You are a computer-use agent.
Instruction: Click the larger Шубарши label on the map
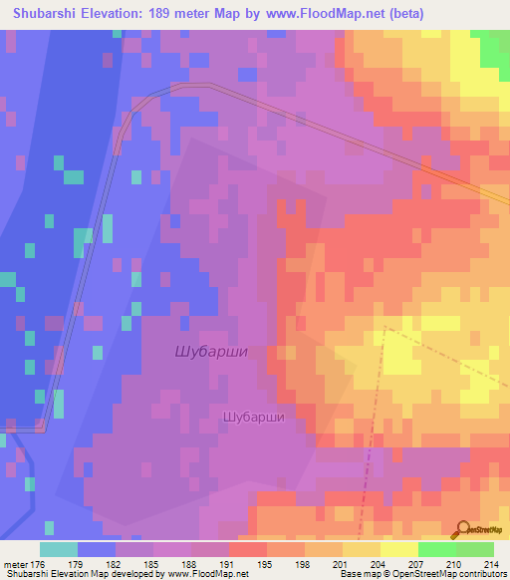[210, 351]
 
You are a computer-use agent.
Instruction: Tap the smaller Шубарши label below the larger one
[254, 418]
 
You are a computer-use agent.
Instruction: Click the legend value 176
[39, 563]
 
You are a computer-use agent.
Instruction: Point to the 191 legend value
[229, 563]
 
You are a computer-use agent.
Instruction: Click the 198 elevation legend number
[305, 563]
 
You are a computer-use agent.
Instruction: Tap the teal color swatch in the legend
[59, 549]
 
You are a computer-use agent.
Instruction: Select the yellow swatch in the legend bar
[398, 549]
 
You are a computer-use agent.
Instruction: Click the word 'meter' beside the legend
[15, 563]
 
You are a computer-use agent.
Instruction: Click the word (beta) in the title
[400, 13]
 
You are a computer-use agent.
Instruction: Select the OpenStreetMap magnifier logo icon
[462, 529]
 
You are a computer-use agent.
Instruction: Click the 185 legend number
[152, 563]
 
